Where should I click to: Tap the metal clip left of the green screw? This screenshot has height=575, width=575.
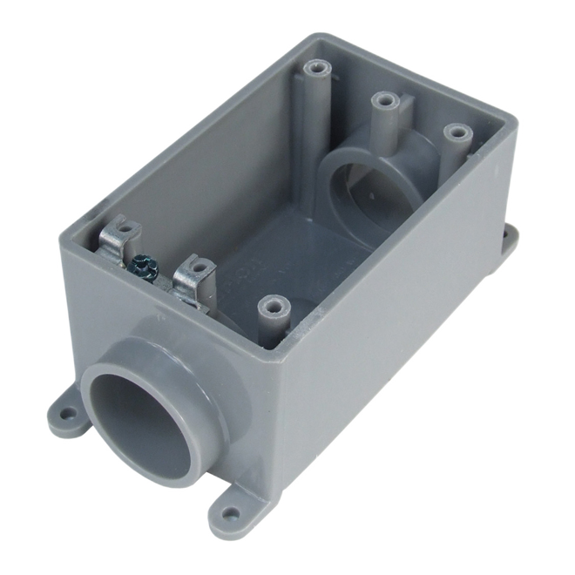120,240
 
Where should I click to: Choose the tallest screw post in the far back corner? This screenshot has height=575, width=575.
315,79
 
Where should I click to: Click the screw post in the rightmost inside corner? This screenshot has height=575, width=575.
455,144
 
